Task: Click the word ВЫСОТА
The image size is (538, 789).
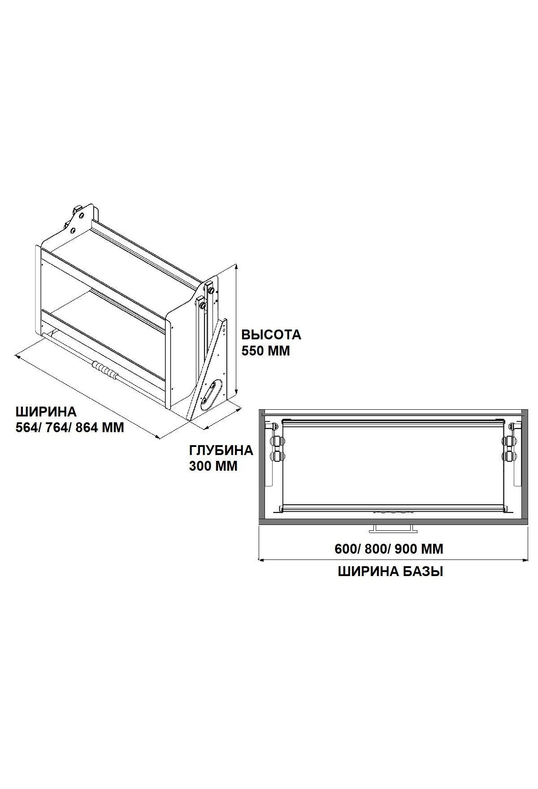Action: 271,335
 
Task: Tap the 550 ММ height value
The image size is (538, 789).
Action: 266,351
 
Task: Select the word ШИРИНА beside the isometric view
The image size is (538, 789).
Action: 46,412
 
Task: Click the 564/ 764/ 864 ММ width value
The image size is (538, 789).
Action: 70,428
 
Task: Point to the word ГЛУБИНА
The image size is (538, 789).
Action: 221,450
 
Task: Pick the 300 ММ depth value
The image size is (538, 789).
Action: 213,466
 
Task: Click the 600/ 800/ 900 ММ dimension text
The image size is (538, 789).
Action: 389,549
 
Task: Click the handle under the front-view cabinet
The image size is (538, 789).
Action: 393,529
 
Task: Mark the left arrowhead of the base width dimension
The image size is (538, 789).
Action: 260,559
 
